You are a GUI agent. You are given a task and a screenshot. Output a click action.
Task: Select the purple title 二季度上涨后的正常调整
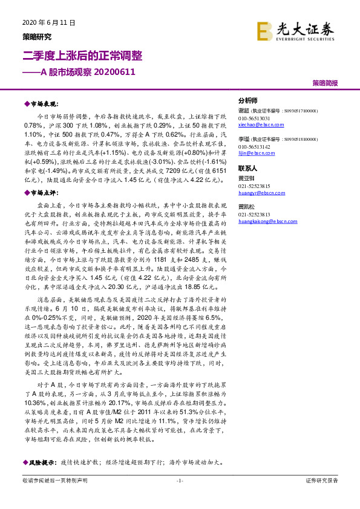[82, 56]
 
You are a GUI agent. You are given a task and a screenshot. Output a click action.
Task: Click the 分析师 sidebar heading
[248, 101]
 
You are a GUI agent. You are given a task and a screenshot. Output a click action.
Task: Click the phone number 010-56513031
[255, 118]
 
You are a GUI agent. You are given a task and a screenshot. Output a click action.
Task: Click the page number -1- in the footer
[179, 497]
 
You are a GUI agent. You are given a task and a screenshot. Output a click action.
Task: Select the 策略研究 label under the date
[37, 36]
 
